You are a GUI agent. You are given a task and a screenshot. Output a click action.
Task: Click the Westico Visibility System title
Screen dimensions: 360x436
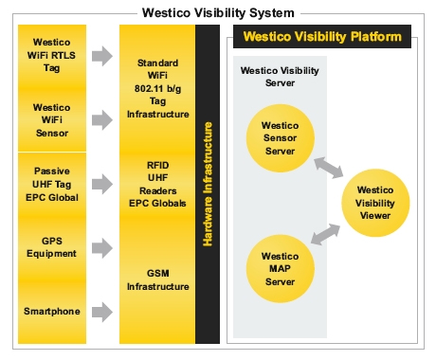217,12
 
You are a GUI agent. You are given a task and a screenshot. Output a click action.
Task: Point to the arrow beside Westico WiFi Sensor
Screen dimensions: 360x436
102,120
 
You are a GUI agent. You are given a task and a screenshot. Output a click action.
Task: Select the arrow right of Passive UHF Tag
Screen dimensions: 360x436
102,184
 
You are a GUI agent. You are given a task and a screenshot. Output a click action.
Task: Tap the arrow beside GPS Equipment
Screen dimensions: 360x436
102,247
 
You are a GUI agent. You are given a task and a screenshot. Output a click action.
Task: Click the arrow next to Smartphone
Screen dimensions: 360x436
102,311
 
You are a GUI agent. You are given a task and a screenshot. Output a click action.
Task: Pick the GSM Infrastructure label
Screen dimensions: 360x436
156,279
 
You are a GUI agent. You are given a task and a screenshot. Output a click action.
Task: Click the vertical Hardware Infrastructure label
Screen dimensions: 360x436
207,185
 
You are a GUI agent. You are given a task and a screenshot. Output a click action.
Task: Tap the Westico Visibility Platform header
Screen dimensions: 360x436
322,38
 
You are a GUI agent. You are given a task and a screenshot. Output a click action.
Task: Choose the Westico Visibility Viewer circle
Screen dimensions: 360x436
374,202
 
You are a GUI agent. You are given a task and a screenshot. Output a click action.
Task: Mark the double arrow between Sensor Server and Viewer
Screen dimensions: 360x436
329,168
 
